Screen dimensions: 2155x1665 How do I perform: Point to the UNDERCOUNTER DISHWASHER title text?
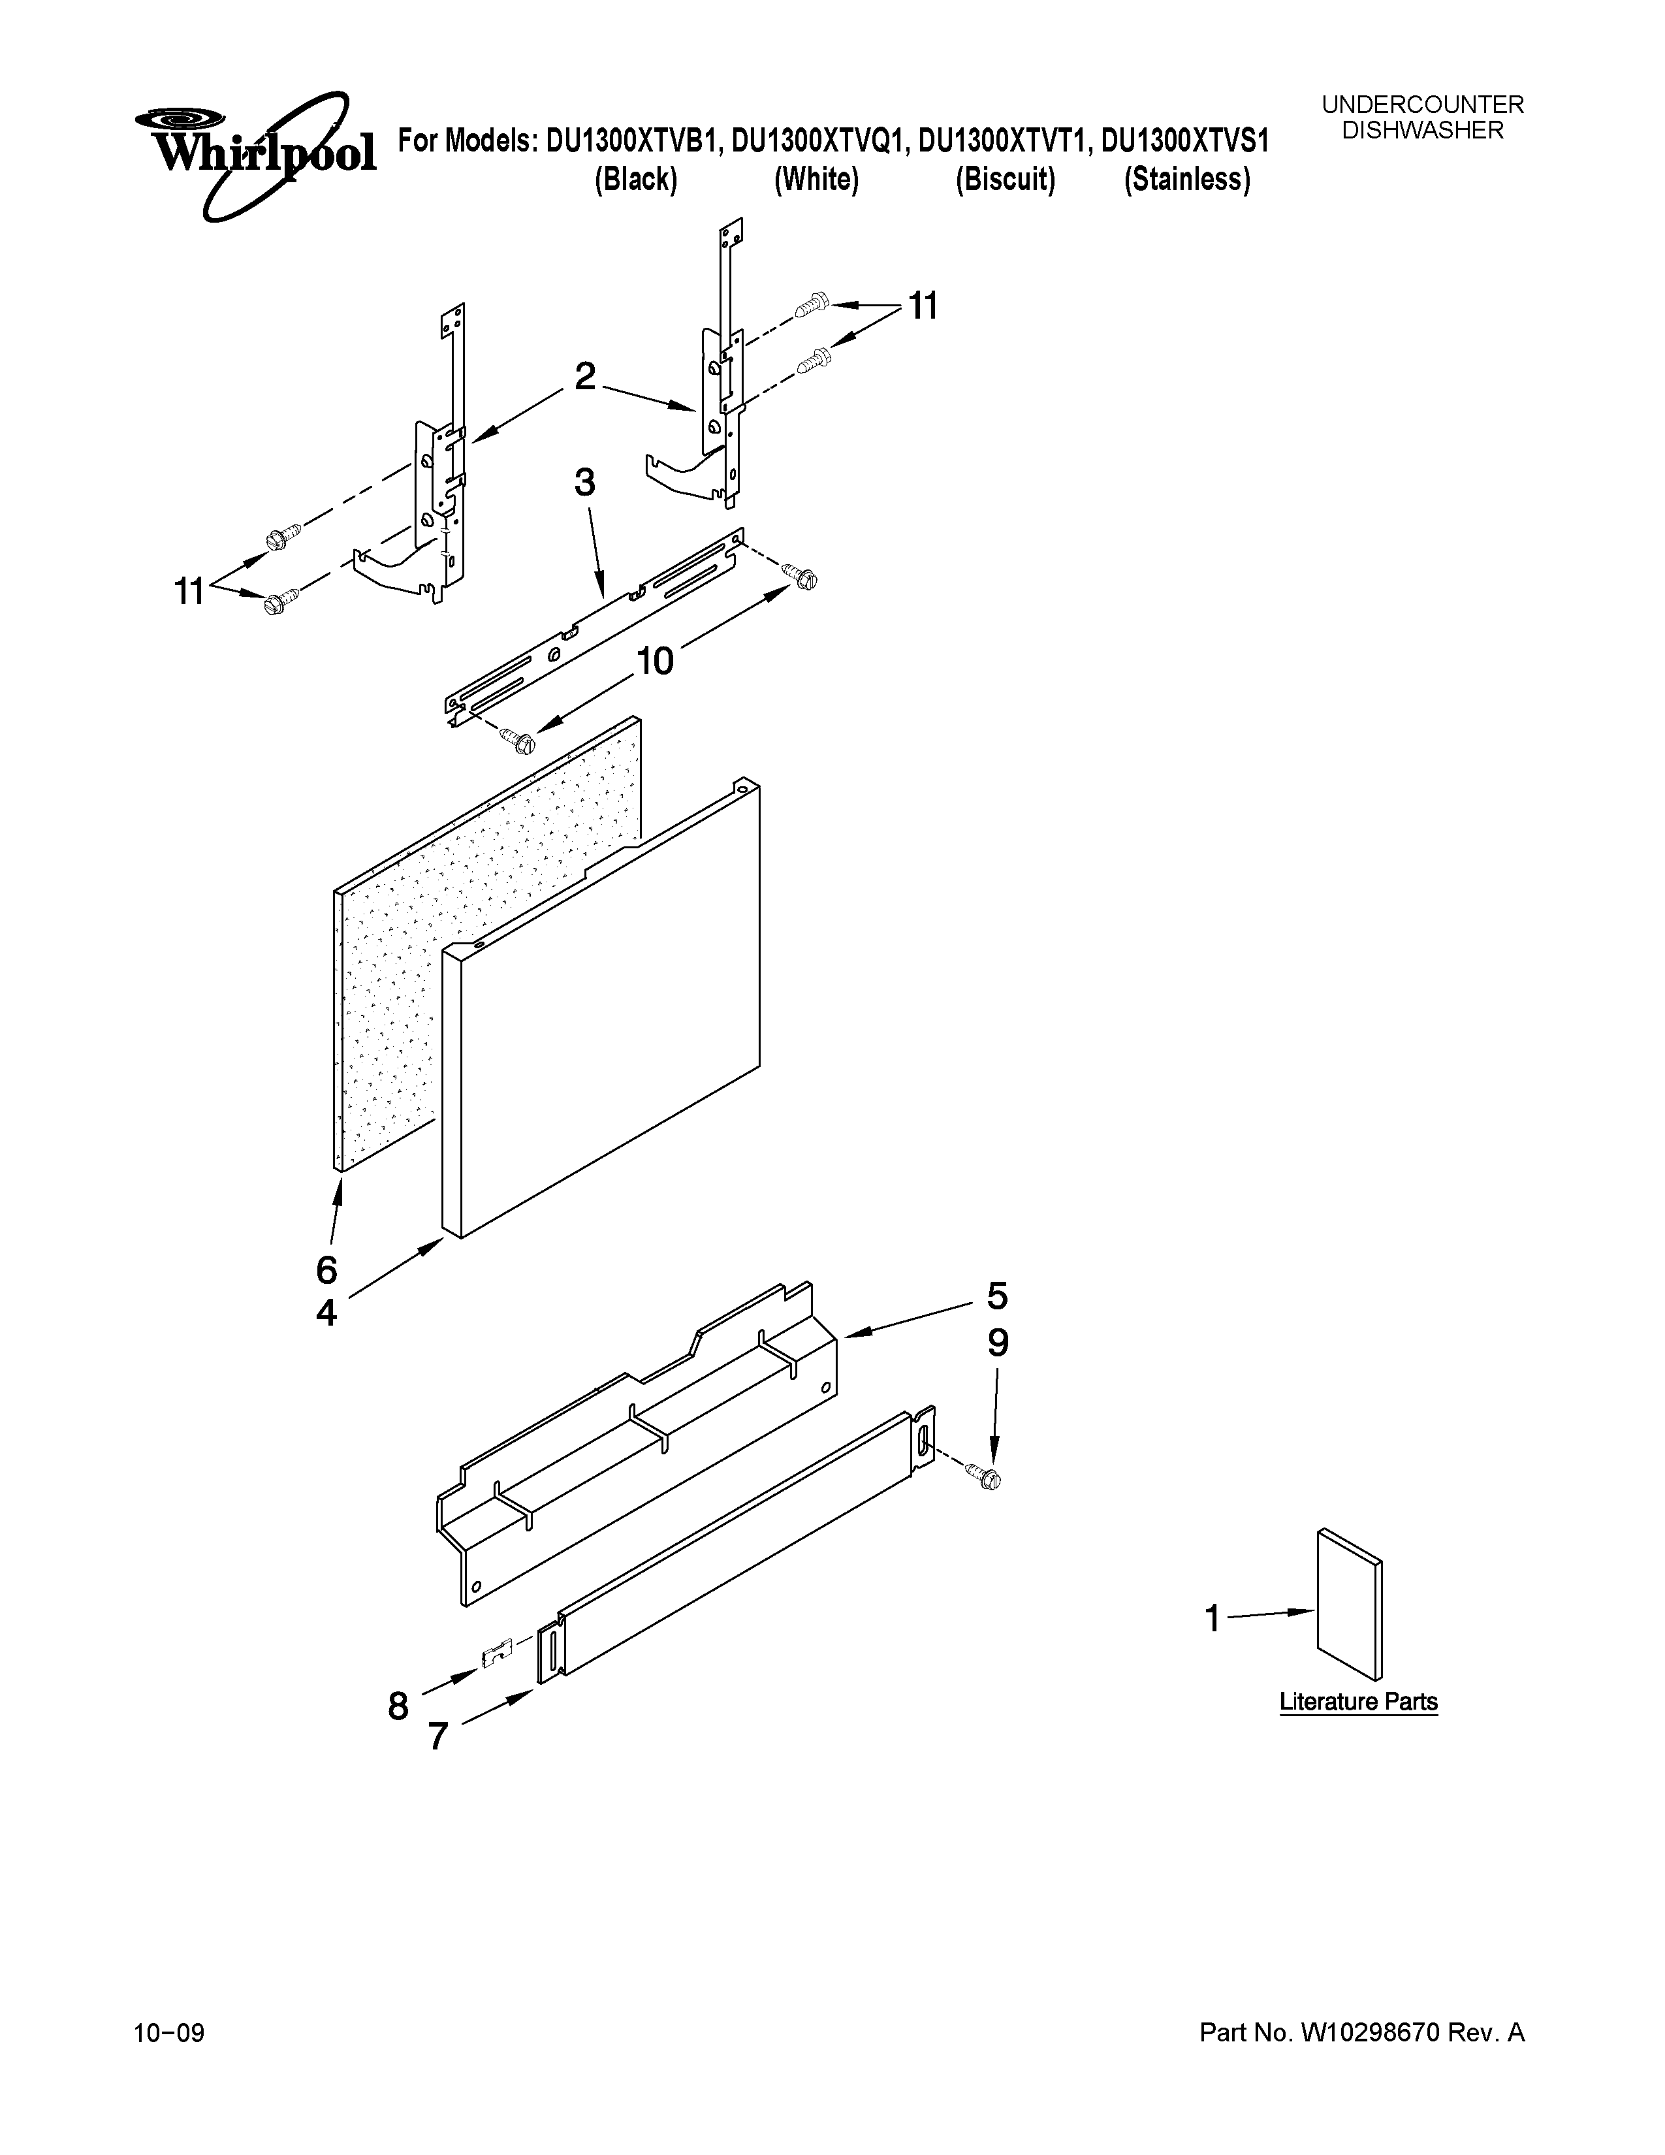click(1421, 118)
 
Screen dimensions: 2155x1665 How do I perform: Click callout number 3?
click(584, 483)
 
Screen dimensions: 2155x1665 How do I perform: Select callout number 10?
click(655, 661)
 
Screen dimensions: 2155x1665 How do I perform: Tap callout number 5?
click(997, 1296)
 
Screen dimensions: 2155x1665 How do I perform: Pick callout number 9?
click(997, 1344)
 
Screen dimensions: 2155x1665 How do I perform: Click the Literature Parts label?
click(1357, 1702)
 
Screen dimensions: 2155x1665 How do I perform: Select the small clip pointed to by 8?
click(498, 1653)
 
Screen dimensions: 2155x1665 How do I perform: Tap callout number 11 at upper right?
click(921, 307)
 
